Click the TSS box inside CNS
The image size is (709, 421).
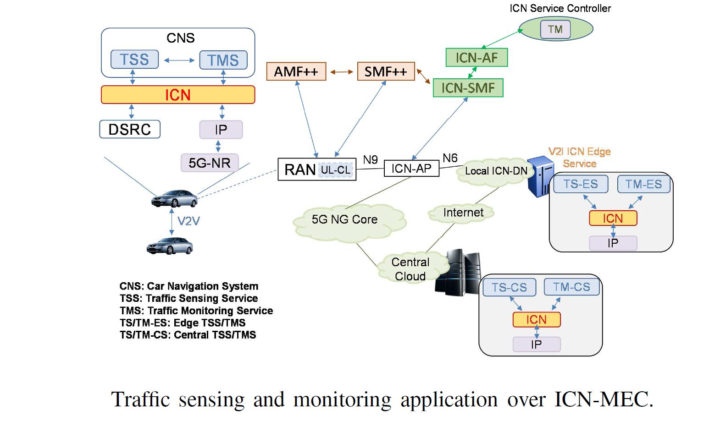134,60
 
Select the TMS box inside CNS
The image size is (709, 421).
223,60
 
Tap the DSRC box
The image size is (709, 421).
130,129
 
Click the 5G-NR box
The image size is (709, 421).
210,163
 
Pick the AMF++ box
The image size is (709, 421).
296,71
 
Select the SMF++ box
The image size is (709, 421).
386,71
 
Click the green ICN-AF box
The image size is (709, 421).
476,58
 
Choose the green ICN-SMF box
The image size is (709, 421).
468,88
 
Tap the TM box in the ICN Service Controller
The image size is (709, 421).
555,29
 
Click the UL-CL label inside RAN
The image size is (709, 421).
336,170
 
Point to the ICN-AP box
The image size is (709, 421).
411,169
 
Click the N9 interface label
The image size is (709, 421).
371,159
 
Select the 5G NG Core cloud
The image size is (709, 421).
345,220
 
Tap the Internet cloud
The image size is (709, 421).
463,213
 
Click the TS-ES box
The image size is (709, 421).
580,184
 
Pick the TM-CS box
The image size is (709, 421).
571,287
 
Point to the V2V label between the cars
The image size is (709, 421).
188,221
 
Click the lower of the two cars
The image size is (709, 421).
170,246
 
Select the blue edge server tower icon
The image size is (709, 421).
539,176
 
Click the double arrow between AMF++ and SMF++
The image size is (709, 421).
342,72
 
